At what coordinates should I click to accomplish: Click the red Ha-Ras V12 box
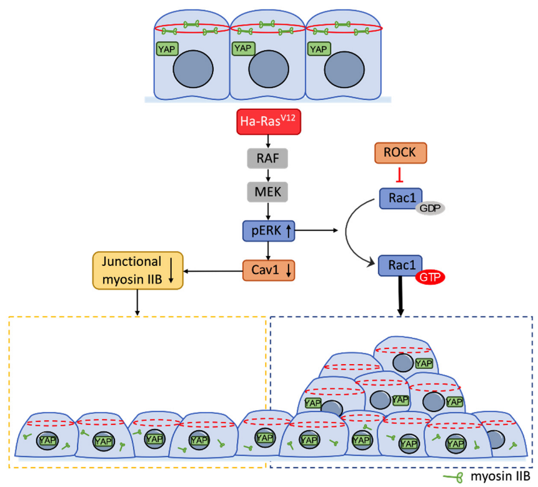267,121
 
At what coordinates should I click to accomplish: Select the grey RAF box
267,159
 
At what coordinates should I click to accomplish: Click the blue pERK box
267,232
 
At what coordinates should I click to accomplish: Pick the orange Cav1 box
267,270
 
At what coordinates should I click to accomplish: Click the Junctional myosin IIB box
137,270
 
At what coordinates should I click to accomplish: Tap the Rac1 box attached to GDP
398,198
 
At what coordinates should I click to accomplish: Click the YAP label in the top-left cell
164,48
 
